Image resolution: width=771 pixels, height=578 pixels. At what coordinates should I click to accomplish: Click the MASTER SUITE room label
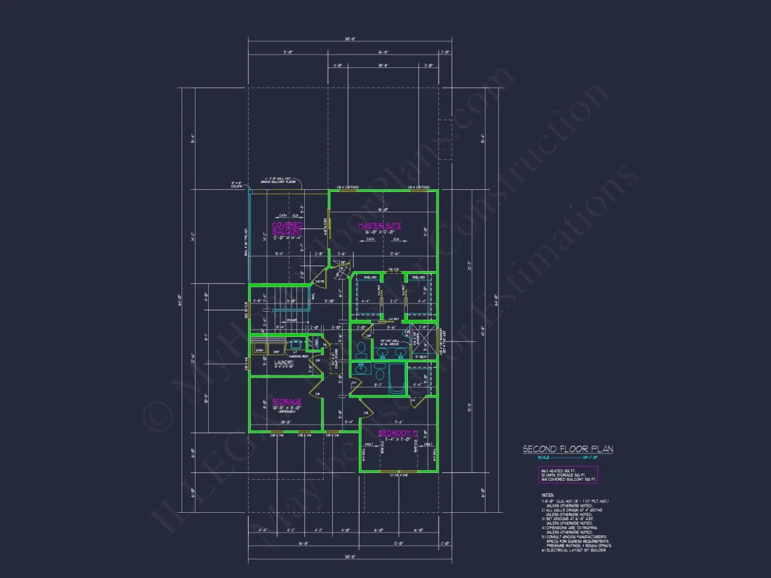[379, 226]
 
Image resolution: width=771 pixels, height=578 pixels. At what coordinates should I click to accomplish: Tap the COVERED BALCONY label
[287, 228]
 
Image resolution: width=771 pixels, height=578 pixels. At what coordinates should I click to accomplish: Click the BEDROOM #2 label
[397, 434]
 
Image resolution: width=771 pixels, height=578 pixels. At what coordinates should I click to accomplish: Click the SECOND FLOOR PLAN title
[568, 449]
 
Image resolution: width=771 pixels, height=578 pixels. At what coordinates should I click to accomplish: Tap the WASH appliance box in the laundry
[259, 350]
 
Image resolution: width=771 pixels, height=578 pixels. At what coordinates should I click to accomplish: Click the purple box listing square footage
[568, 475]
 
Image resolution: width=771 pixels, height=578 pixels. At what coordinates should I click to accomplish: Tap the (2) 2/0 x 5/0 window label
[398, 474]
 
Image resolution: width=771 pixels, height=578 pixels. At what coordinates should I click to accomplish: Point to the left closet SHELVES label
[366, 277]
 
